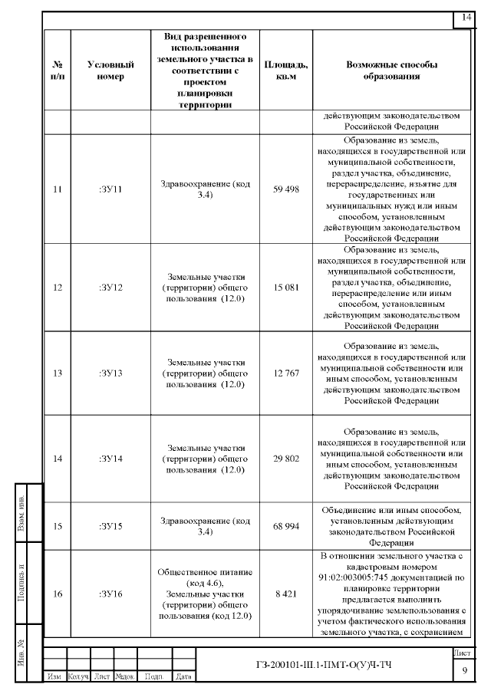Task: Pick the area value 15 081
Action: point(285,288)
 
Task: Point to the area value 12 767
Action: point(285,373)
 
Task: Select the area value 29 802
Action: point(285,458)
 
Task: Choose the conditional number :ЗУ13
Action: point(110,373)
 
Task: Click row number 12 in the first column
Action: point(57,288)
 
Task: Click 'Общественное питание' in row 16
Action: point(205,573)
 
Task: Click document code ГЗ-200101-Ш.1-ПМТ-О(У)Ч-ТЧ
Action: point(324,663)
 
